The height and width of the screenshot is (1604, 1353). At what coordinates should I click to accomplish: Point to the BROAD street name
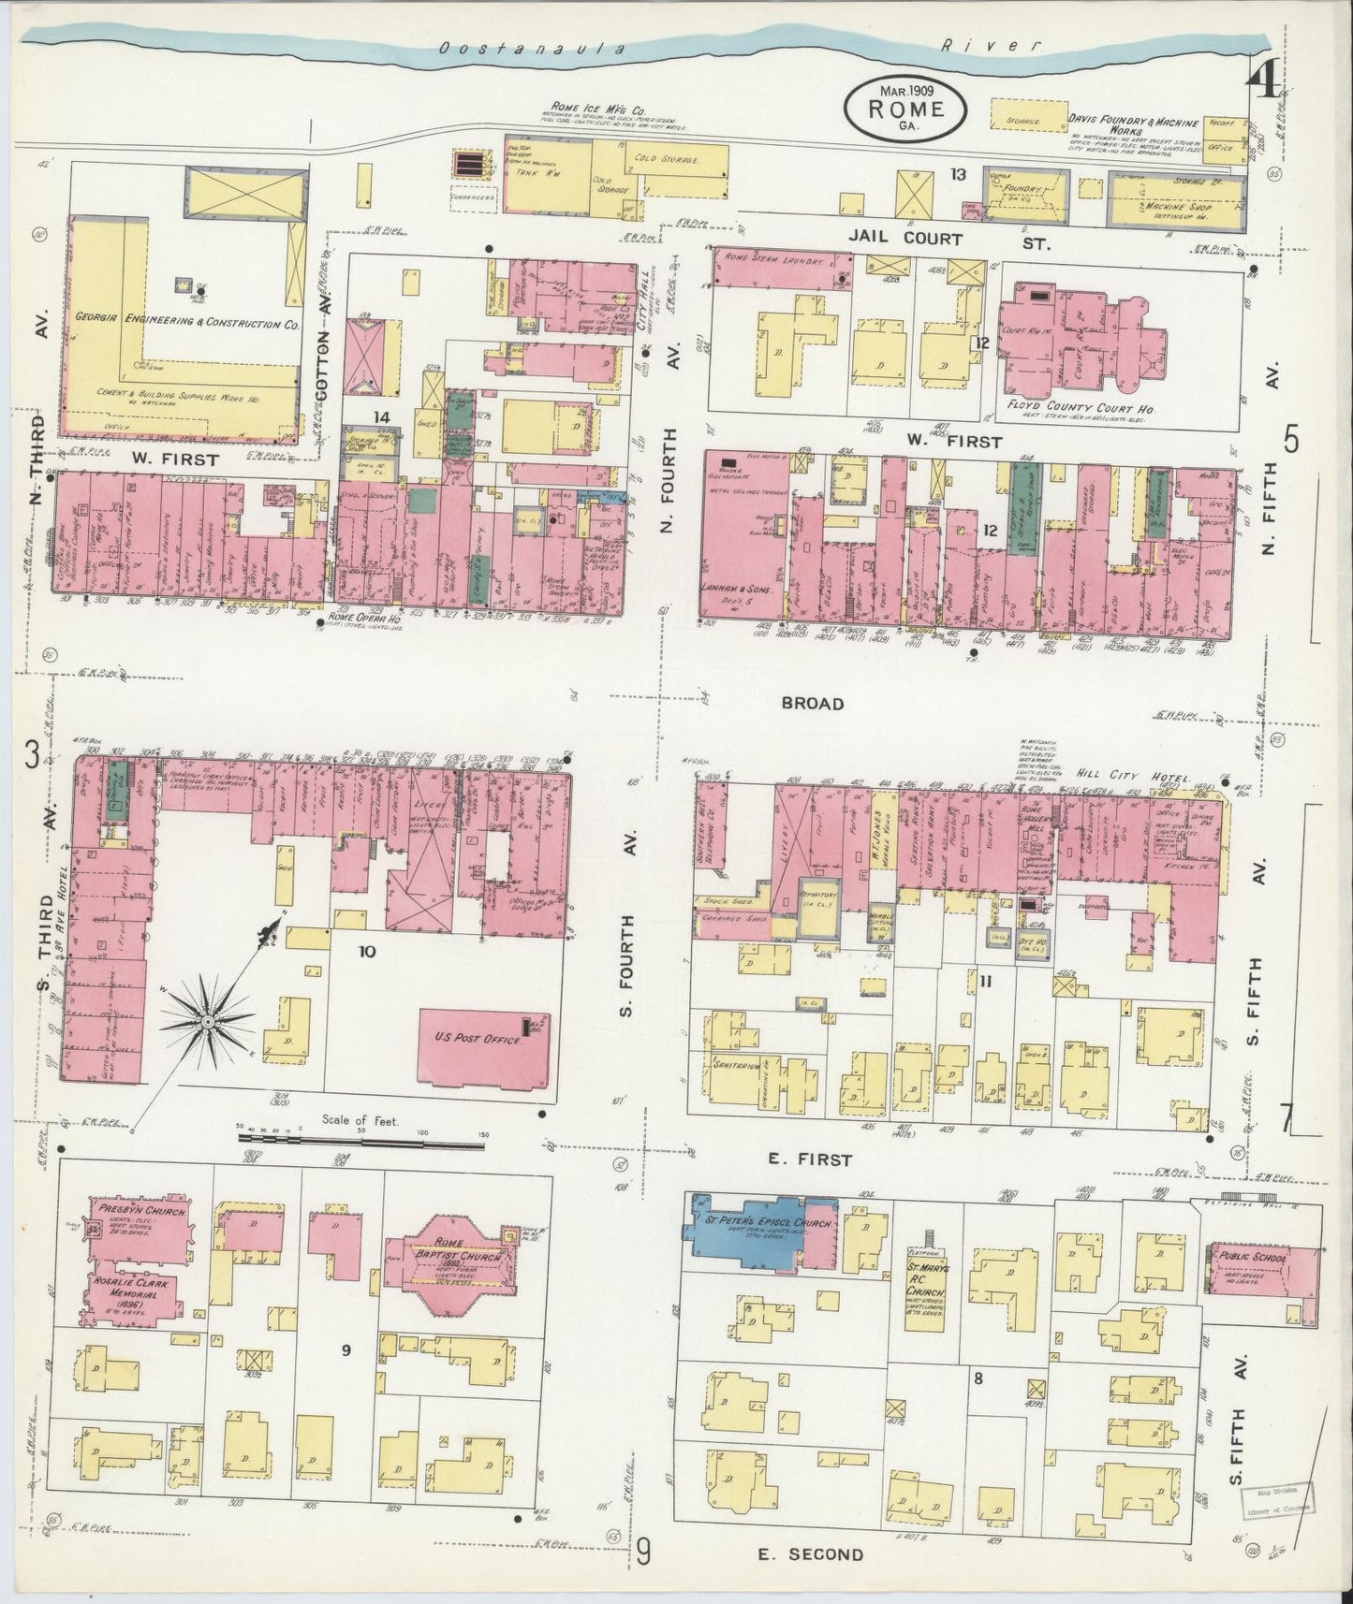[815, 704]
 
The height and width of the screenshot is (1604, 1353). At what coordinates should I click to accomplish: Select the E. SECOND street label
[811, 1554]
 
